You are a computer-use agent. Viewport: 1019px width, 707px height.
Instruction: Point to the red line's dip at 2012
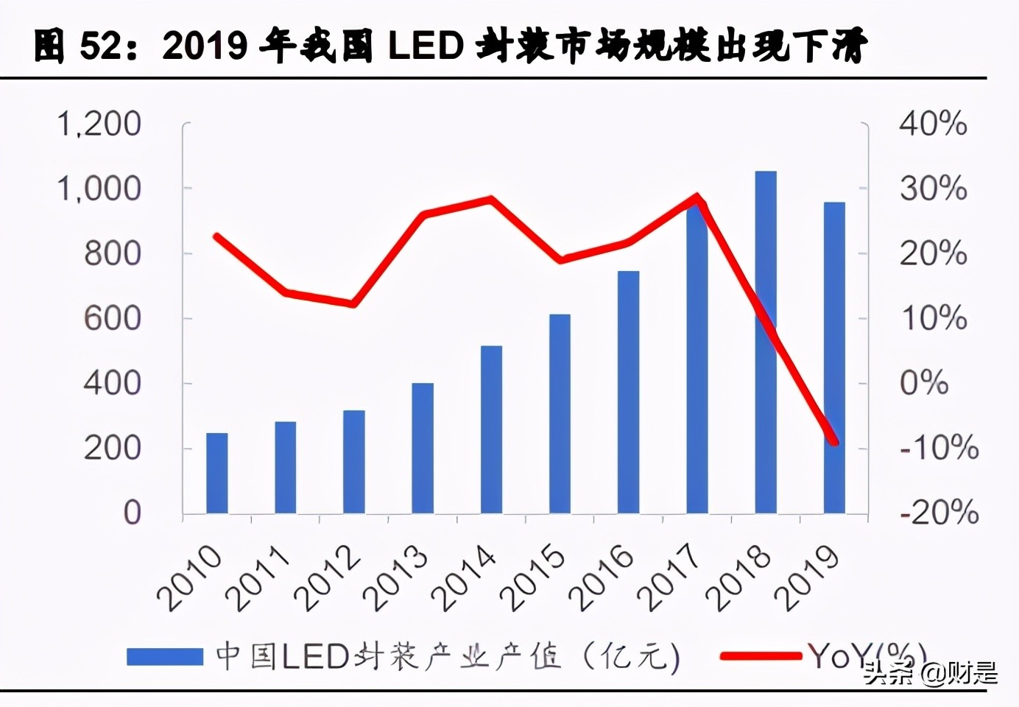point(354,303)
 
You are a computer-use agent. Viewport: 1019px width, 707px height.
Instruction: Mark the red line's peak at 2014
point(491,199)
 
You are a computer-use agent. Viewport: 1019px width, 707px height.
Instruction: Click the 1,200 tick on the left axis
point(99,124)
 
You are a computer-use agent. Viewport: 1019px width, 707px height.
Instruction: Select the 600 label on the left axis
point(112,319)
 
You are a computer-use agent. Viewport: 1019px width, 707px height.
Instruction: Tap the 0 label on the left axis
point(132,513)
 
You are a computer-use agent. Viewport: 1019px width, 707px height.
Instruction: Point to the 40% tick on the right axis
point(933,124)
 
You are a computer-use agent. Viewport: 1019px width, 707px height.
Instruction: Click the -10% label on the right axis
point(939,448)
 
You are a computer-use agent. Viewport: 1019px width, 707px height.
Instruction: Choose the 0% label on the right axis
point(924,383)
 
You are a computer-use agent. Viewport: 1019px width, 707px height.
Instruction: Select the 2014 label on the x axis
point(464,579)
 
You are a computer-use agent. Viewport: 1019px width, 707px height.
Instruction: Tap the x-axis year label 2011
point(258,579)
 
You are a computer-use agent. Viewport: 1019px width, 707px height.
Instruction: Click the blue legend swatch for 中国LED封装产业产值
point(164,656)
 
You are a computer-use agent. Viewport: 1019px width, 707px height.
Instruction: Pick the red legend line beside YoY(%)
point(761,655)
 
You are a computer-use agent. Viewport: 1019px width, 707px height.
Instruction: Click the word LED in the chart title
point(426,46)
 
